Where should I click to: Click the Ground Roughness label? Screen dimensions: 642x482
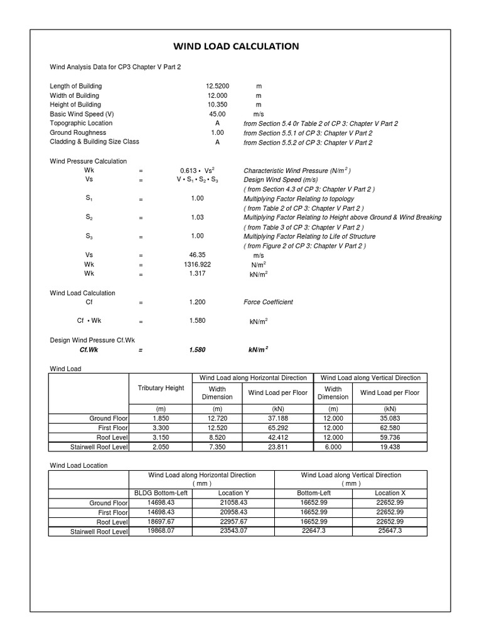pos(78,133)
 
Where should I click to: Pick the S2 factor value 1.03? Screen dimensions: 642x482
pos(197,218)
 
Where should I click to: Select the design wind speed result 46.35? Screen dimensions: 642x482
pos(197,256)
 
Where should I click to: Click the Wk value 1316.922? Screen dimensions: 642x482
pos(197,265)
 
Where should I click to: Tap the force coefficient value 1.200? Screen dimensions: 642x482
pos(197,302)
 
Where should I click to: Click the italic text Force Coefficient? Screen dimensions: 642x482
pos(268,302)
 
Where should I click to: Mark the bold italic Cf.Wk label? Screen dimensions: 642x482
pos(90,350)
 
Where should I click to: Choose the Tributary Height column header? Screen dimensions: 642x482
pos(161,388)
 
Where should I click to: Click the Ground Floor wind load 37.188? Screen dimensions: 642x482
pos(278,417)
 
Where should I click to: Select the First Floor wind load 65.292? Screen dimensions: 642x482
pos(278,427)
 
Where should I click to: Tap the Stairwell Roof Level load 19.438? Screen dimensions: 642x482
pos(390,447)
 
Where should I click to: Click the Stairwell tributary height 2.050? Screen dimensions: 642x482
pos(161,447)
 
